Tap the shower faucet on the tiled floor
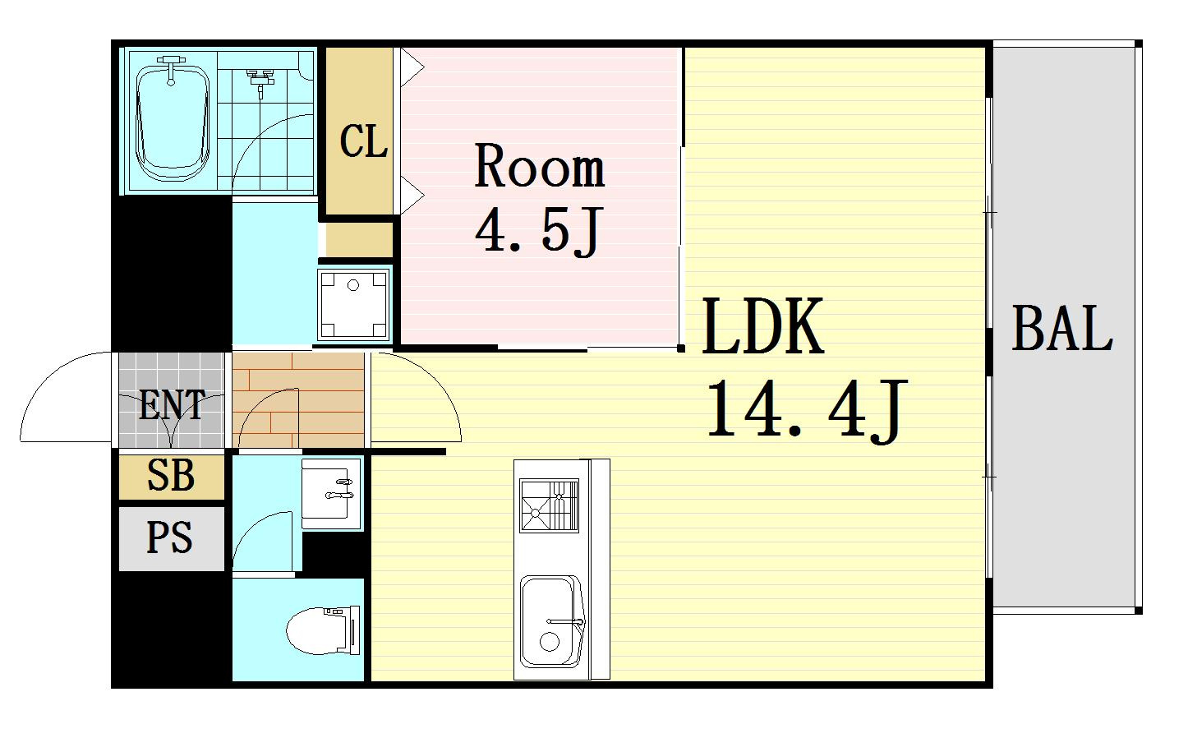[x=260, y=82]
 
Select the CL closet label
[x=363, y=141]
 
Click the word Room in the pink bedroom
[x=540, y=165]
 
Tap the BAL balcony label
[x=1062, y=329]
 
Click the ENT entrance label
[x=172, y=404]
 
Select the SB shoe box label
[x=171, y=475]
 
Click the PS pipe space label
[x=170, y=537]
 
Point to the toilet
[x=323, y=630]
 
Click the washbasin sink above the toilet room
[x=331, y=494]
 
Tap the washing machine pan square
[x=354, y=305]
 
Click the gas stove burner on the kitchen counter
[x=550, y=505]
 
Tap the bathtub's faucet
[x=171, y=69]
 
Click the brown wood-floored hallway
[x=298, y=400]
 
